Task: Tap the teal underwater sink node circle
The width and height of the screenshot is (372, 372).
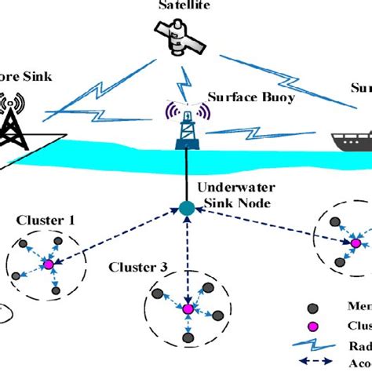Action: (187, 209)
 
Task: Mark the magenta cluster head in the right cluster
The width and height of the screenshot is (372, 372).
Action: (354, 244)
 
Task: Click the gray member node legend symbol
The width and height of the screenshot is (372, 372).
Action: (314, 307)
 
